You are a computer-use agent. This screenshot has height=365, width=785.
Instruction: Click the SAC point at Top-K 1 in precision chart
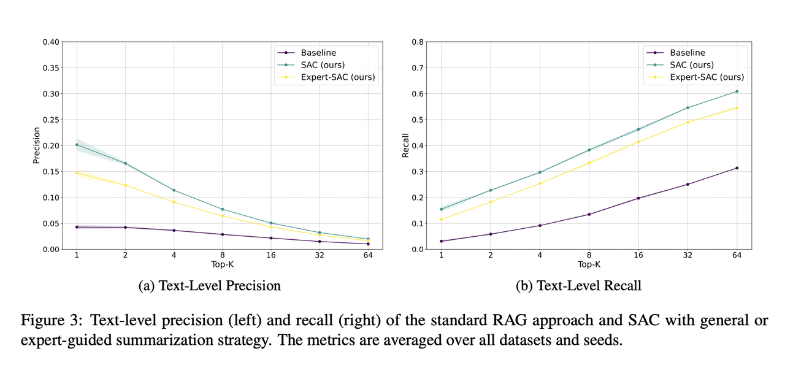point(77,145)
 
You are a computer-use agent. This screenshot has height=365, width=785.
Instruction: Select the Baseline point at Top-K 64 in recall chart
point(737,168)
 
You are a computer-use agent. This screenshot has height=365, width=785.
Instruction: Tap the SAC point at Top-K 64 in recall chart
point(737,91)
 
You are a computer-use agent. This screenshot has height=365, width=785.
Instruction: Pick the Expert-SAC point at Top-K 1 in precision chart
point(77,173)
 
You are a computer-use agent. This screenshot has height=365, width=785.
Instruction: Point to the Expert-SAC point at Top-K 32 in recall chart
point(687,122)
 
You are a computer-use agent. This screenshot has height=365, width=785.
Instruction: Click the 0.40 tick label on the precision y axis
point(51,42)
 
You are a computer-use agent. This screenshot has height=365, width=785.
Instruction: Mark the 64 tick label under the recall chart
point(737,255)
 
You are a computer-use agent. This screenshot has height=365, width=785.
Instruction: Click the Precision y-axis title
point(36,145)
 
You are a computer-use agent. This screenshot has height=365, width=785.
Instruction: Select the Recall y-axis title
point(405,145)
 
